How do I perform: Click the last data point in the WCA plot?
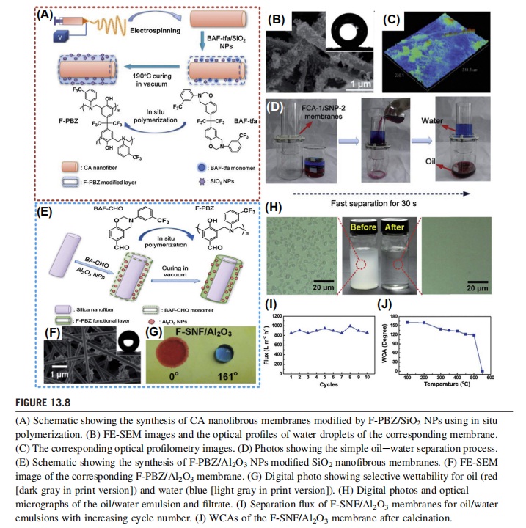(482, 370)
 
